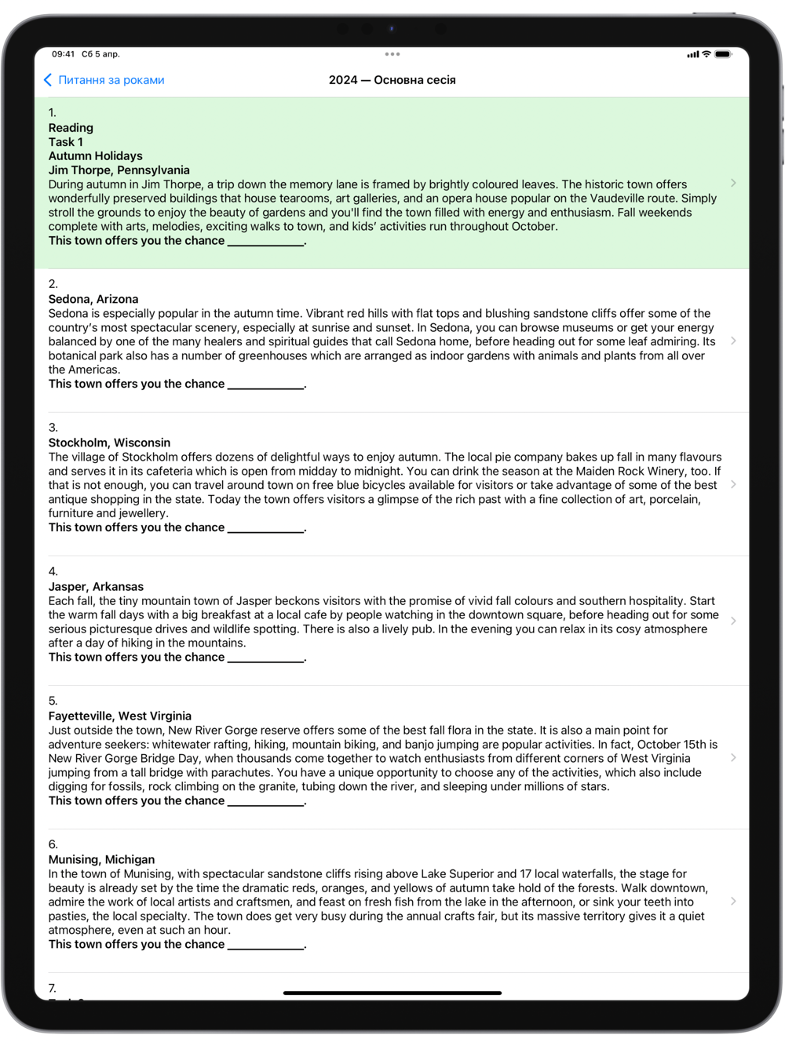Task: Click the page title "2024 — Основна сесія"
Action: coord(392,80)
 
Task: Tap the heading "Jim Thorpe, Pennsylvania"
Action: coord(119,170)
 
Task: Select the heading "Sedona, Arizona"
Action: coord(93,299)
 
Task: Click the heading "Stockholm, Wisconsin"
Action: coord(109,443)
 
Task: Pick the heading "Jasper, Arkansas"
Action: coord(96,586)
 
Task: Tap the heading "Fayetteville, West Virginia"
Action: coord(119,716)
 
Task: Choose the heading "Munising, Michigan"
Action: coord(101,859)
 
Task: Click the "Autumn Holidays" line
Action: coord(95,156)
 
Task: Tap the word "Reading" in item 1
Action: coord(71,128)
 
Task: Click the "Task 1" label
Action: coord(65,142)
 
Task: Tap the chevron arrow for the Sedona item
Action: coord(733,341)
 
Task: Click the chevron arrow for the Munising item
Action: coord(733,901)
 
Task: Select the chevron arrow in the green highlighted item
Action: coord(733,183)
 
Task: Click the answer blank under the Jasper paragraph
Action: coord(265,658)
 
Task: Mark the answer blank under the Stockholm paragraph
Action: coord(265,528)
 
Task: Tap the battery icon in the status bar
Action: coord(723,54)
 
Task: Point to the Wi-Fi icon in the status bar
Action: coord(706,54)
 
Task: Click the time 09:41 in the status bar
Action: coord(63,54)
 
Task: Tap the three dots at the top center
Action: coord(392,54)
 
